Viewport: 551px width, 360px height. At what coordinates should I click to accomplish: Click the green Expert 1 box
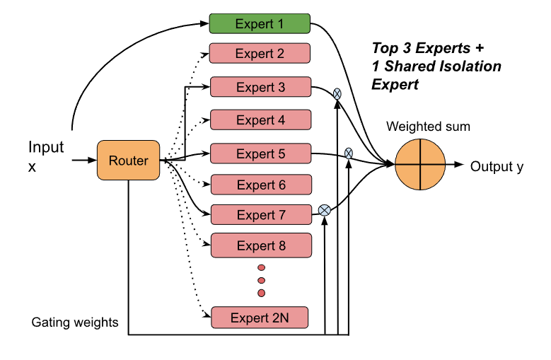(x=260, y=23)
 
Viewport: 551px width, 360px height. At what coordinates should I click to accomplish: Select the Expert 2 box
(x=260, y=54)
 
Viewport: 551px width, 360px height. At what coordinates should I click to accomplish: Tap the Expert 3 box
(x=260, y=88)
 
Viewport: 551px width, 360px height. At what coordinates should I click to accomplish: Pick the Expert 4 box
(x=260, y=120)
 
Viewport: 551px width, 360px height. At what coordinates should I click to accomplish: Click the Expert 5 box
(x=260, y=153)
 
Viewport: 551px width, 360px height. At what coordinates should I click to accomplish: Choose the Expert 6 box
(x=260, y=185)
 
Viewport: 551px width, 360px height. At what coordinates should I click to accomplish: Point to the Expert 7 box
(x=260, y=215)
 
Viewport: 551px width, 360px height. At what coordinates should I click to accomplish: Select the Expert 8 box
(x=261, y=246)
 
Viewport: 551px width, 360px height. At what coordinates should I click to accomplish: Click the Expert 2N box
(x=260, y=318)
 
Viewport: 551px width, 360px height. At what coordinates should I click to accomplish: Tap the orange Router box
(x=128, y=161)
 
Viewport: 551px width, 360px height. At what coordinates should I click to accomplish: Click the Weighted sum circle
(x=421, y=165)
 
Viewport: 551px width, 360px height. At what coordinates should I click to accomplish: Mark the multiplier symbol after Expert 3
(x=337, y=93)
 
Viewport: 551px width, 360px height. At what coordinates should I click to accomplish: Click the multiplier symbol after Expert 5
(x=349, y=153)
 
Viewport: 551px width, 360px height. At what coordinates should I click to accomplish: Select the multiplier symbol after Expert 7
(x=324, y=209)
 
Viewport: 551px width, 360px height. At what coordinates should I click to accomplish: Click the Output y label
(x=497, y=166)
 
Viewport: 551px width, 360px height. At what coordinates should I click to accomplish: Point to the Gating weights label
(x=74, y=323)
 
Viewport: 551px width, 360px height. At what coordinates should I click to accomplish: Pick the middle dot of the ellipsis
(x=261, y=280)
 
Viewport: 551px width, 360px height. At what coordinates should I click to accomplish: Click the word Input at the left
(x=46, y=147)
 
